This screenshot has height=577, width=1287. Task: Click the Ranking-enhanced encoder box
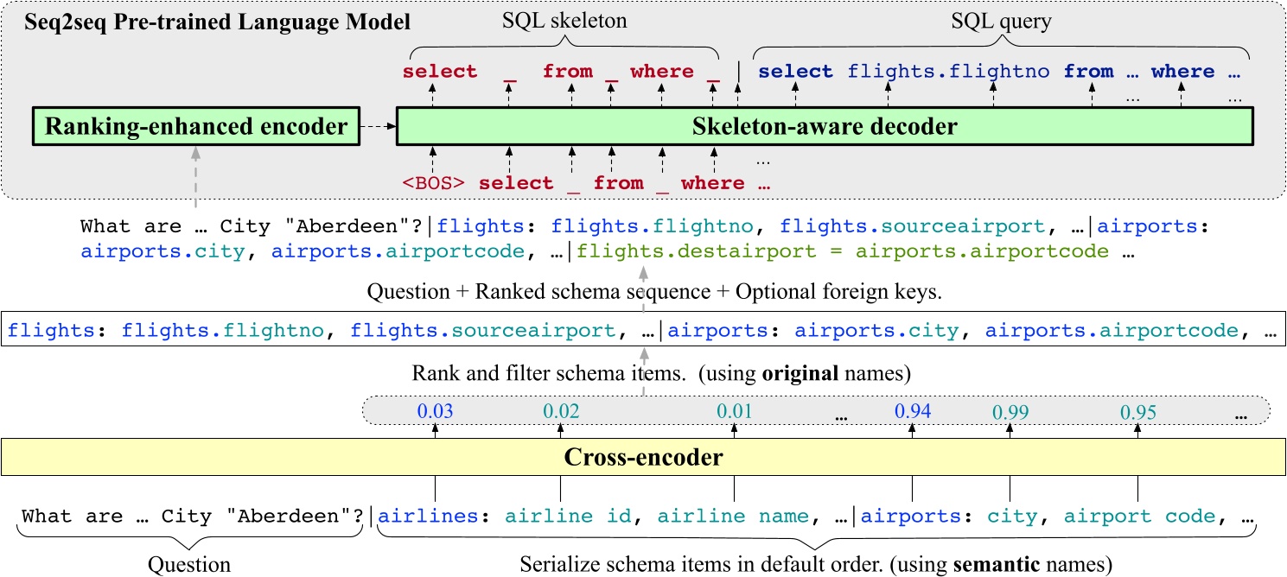[196, 127]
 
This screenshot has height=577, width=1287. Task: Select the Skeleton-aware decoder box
[825, 127]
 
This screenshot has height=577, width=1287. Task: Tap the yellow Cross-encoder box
[643, 457]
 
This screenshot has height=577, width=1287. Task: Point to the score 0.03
[436, 411]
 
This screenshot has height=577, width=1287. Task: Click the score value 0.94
[914, 411]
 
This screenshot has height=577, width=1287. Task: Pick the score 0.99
[1010, 412]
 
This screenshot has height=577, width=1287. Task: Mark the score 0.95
[1137, 412]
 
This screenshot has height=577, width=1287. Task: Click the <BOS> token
[434, 183]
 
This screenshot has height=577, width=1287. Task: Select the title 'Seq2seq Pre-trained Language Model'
[207, 22]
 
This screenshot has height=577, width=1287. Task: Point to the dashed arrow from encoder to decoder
[376, 127]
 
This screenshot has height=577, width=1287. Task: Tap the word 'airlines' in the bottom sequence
[429, 517]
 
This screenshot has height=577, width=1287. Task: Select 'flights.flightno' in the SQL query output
[948, 72]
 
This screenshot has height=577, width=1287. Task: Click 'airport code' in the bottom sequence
[1138, 517]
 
